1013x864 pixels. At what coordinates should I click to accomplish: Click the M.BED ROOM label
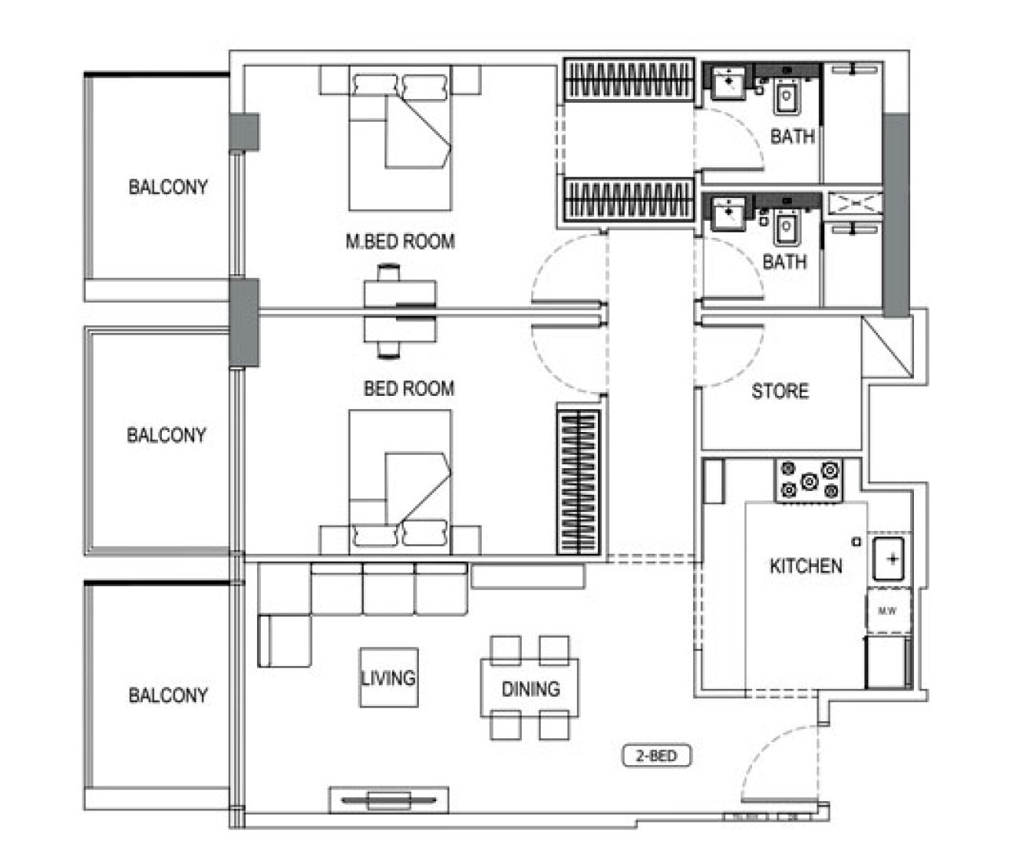tap(400, 241)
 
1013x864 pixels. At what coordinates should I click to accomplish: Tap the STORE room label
tap(780, 391)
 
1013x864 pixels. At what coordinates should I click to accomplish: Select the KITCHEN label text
tap(806, 566)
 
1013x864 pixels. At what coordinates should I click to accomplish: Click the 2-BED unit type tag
tap(656, 756)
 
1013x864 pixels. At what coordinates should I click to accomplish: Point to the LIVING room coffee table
tap(388, 677)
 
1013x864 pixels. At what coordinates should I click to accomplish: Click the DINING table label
tap(530, 689)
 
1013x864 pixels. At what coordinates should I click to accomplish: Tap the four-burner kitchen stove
tap(809, 481)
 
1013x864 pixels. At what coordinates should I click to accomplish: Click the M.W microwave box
tap(888, 611)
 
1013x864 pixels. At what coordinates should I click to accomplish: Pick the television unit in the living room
tap(388, 800)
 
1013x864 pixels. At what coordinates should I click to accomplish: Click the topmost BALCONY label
tap(168, 187)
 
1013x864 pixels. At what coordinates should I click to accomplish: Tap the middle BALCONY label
tap(167, 434)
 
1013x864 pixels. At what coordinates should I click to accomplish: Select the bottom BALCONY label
tap(168, 695)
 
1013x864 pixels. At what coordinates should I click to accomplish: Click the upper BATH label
tap(792, 137)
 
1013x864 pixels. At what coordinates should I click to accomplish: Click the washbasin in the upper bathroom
tap(729, 81)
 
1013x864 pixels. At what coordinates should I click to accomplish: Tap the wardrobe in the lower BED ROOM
tap(578, 481)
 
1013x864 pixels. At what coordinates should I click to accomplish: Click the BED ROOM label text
tap(409, 388)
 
